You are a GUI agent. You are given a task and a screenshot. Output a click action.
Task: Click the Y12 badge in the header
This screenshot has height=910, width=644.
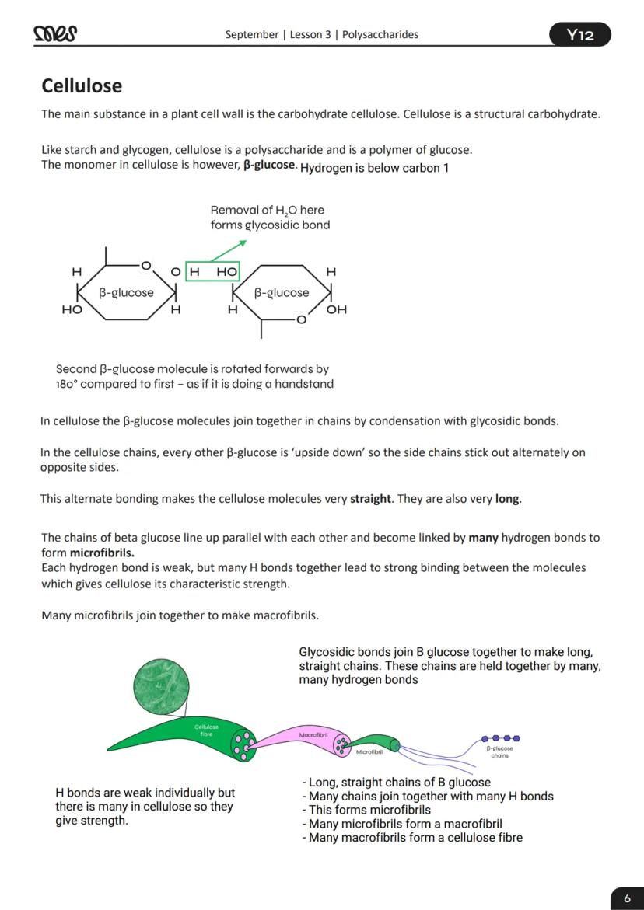(579, 35)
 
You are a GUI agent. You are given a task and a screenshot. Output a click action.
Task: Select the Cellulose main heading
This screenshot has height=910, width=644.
(82, 85)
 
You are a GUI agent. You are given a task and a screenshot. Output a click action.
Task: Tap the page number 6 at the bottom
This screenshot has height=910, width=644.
(627, 898)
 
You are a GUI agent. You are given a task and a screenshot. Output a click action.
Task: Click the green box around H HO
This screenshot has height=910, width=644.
(212, 272)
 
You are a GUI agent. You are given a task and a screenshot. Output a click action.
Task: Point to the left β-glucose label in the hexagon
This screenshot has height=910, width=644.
(126, 293)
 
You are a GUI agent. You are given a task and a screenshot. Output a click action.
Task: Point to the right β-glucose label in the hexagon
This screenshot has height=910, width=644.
(282, 293)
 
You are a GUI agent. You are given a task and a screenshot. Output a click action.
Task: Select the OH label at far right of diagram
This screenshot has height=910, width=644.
(337, 310)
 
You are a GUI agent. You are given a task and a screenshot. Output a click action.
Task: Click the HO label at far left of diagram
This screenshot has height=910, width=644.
(72, 310)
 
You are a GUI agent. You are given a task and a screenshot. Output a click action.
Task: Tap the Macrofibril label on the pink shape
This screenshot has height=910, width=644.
(313, 734)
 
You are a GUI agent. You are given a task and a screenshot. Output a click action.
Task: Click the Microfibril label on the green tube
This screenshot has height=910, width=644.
(369, 752)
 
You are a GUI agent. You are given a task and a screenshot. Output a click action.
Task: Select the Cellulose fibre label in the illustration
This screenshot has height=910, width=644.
(207, 730)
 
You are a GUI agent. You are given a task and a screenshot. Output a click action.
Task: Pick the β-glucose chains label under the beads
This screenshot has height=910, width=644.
(499, 751)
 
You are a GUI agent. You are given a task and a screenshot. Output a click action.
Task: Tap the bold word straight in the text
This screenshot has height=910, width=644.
(370, 499)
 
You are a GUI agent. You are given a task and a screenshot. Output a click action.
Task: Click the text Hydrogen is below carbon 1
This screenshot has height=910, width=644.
(374, 168)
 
